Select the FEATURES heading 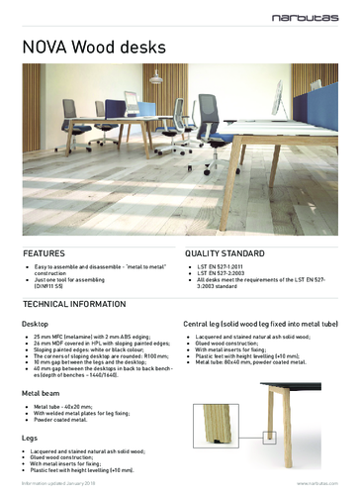click(44, 253)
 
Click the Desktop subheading click(39, 324)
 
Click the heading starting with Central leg click(261, 324)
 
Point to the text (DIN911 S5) click(55, 287)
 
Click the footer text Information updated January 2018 click(63, 485)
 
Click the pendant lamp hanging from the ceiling click(155, 75)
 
